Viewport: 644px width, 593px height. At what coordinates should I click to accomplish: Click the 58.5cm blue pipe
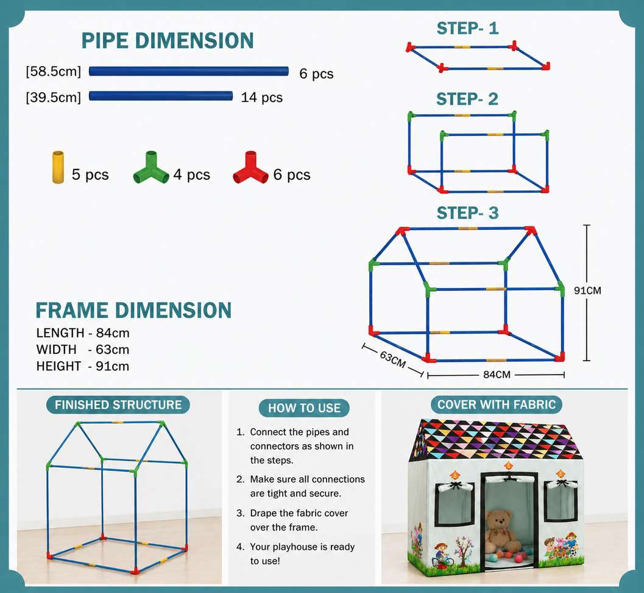click(189, 71)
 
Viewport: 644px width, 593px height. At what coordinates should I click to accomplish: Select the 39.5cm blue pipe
click(161, 96)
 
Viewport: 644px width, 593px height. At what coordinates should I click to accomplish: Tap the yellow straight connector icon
click(58, 167)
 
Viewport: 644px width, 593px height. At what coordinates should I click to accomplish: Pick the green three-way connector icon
click(151, 168)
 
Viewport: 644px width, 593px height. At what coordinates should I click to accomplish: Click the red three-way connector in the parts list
click(250, 168)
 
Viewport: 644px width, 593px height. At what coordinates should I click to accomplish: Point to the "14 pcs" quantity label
click(261, 98)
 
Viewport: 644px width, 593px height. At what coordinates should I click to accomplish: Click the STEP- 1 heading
click(467, 29)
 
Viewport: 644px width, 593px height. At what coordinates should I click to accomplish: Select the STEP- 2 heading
click(467, 99)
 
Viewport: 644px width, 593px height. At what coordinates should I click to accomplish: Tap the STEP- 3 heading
click(467, 213)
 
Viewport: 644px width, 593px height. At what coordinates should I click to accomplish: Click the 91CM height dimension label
click(587, 291)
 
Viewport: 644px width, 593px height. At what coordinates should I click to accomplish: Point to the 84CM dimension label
click(497, 375)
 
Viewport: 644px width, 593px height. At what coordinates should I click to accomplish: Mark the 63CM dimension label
click(392, 359)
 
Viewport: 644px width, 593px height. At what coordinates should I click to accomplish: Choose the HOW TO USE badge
click(305, 408)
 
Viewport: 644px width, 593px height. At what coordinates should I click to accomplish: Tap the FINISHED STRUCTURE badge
click(118, 404)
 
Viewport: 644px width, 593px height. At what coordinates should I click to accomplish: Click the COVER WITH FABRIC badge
click(497, 404)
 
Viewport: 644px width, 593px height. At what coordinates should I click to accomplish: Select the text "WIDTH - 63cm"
click(82, 350)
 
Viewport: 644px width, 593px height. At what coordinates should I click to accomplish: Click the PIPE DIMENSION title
click(168, 41)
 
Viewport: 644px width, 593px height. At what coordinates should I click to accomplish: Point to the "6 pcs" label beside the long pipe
click(316, 74)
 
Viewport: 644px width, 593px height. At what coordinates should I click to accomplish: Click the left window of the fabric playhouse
click(455, 504)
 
